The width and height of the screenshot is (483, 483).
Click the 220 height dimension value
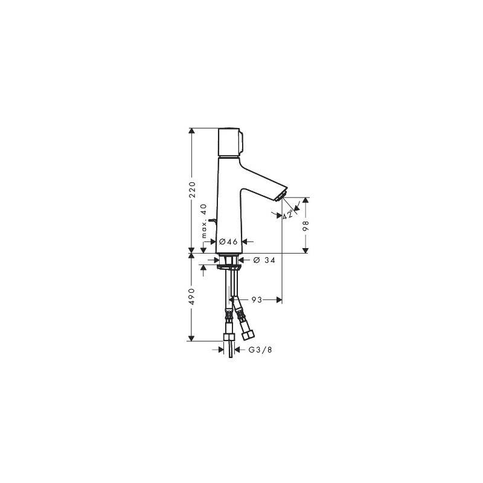tap(192, 190)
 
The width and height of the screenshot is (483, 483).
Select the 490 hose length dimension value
tap(192, 296)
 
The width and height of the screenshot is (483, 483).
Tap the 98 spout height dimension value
tap(305, 226)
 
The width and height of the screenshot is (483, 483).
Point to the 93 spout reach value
tap(257, 299)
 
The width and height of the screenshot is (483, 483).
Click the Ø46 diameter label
tap(228, 241)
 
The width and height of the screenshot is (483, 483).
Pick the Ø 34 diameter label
tap(264, 260)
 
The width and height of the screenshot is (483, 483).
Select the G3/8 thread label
tap(260, 350)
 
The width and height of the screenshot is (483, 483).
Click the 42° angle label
tap(288, 214)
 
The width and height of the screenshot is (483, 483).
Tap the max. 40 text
tap(203, 221)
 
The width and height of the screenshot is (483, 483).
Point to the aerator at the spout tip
tap(281, 196)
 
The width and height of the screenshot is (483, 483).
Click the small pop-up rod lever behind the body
tap(213, 220)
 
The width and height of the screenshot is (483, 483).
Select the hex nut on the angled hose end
tap(248, 335)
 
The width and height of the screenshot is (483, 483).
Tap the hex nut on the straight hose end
tap(229, 337)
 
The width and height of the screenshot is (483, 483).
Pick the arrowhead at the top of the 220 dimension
tap(191, 131)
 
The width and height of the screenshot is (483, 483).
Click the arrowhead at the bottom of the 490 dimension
tap(191, 338)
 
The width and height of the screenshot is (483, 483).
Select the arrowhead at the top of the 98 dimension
tap(305, 200)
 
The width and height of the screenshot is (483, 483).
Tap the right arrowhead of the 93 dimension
tap(279, 299)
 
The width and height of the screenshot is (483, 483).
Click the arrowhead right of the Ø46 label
tap(245, 241)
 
